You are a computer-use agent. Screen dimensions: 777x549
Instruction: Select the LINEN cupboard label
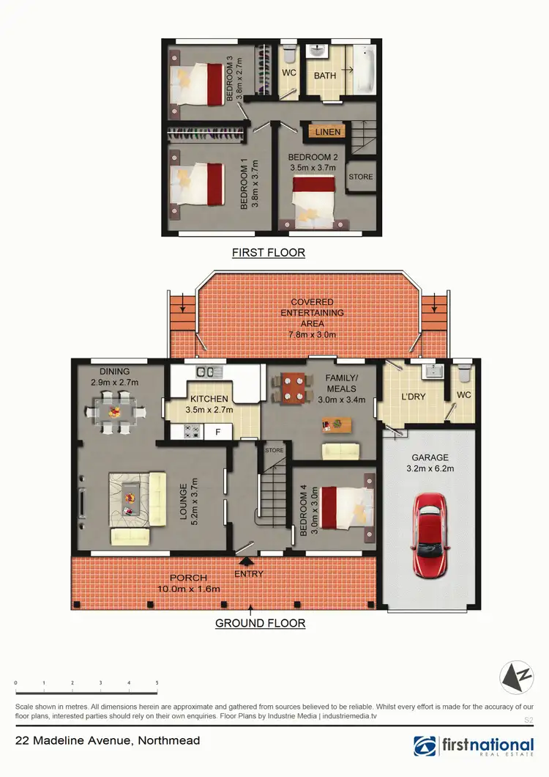tap(324, 132)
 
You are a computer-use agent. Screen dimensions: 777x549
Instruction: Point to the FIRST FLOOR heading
tap(268, 252)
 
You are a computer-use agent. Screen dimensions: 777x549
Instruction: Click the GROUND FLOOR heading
tap(260, 623)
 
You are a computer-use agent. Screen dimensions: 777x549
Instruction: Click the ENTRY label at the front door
tap(249, 574)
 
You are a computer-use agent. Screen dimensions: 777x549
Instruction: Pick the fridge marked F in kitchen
tap(217, 432)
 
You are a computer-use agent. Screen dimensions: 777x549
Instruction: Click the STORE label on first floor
tap(360, 177)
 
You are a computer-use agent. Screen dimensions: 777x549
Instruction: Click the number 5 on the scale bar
tap(157, 682)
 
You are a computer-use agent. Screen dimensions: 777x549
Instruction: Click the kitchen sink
tap(203, 371)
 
